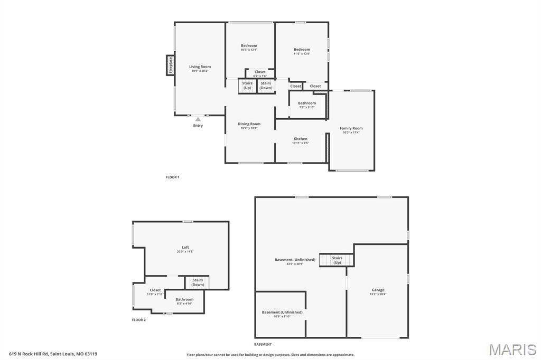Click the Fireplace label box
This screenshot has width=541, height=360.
tap(170, 65)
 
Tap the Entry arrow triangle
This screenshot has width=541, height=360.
tap(198, 119)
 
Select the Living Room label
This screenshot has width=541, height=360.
tap(200, 67)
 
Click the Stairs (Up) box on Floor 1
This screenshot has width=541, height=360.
tap(247, 86)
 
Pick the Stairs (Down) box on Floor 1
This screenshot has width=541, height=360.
tap(266, 86)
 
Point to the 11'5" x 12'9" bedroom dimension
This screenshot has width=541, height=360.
tap(302, 54)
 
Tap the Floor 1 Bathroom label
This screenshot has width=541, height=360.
tap(307, 103)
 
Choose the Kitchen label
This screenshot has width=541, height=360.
tap(300, 139)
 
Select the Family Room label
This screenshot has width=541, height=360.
tap(351, 128)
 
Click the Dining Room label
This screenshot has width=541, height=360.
tap(249, 124)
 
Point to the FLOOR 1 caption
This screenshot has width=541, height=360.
tap(172, 177)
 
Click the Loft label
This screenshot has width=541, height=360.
tap(185, 248)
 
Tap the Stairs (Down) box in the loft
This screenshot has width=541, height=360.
tap(198, 282)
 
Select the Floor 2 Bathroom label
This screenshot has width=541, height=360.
tap(184, 299)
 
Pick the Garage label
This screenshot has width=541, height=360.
tap(378, 290)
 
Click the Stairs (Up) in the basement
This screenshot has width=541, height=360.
tap(337, 260)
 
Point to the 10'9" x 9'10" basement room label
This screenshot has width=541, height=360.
tap(282, 316)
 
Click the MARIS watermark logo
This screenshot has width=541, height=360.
tap(512, 349)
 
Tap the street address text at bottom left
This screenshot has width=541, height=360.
tap(53, 354)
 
